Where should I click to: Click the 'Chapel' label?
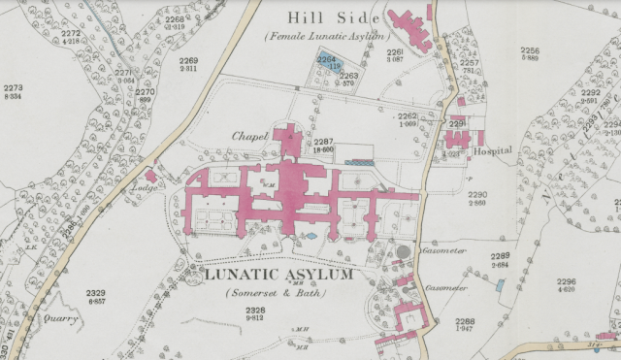tap(249, 136)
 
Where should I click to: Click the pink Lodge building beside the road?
tap(150, 176)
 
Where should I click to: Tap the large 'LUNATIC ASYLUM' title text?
tap(278, 276)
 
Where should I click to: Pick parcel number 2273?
tap(14, 88)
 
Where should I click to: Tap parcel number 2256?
tap(529, 49)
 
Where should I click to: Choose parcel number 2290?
tap(477, 195)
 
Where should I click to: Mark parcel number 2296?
tap(566, 282)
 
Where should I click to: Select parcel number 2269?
tap(188, 60)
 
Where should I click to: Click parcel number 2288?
tap(465, 321)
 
